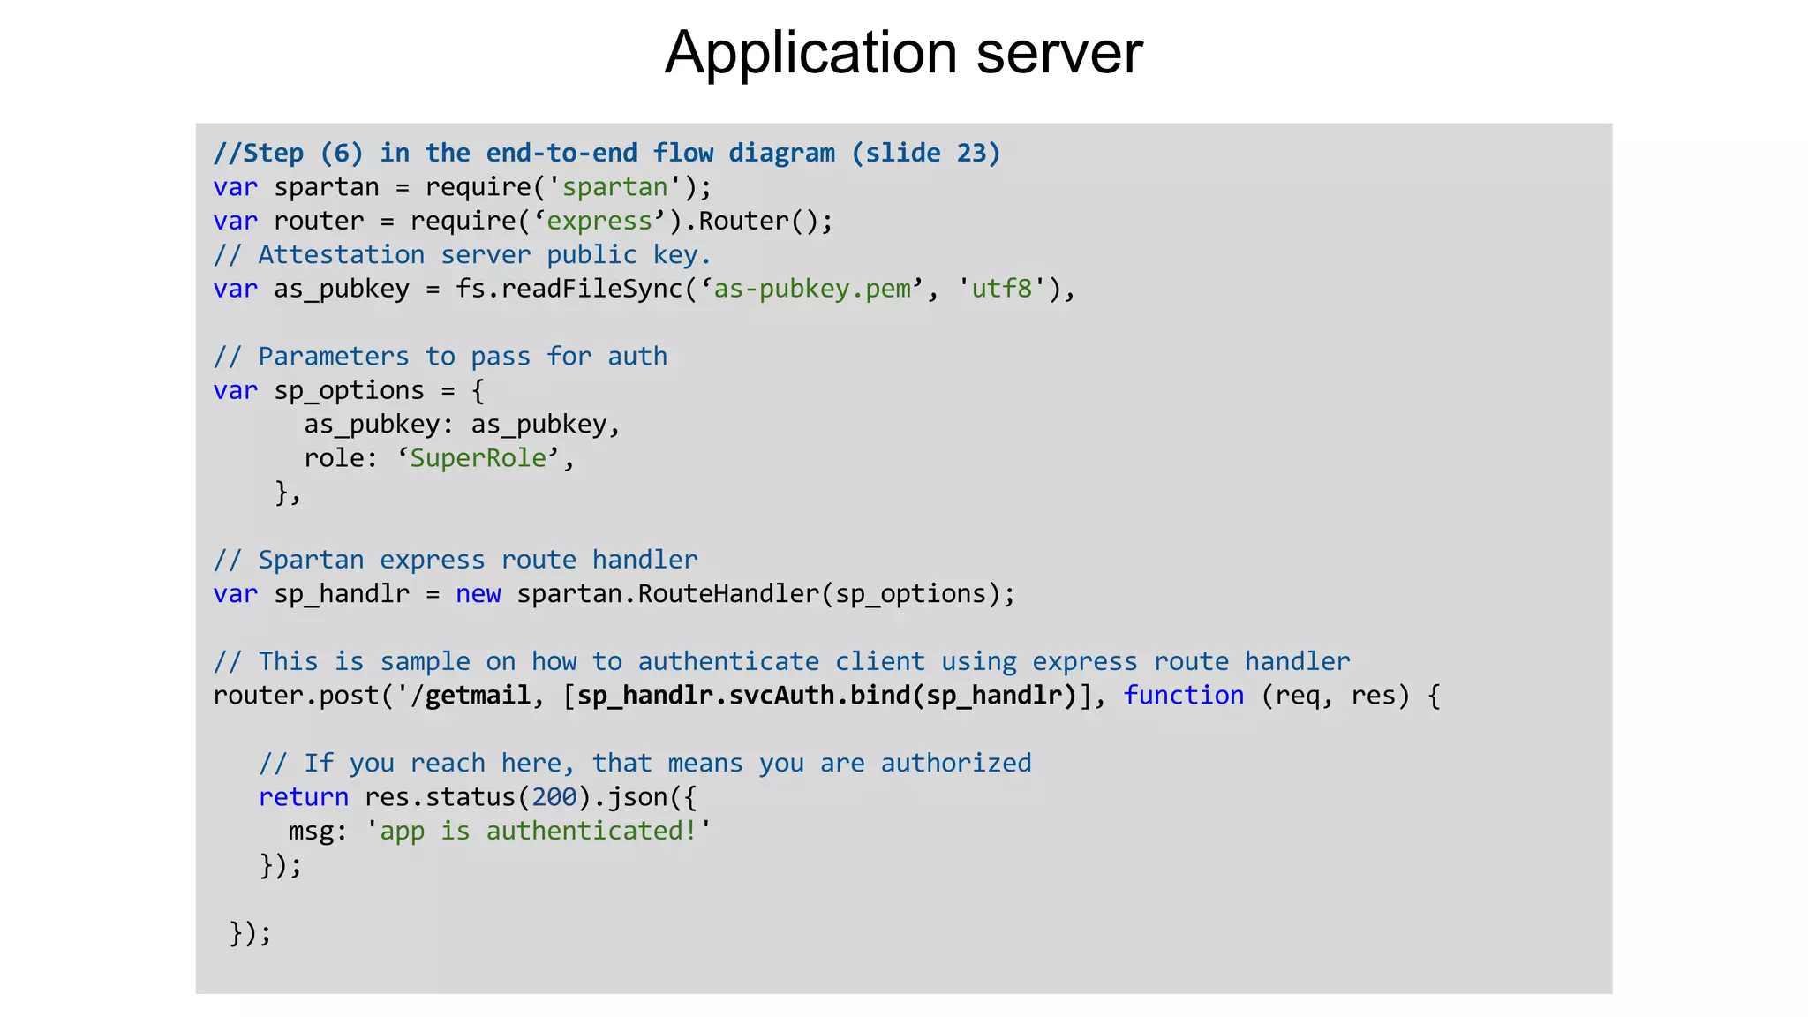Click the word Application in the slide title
pos(810,53)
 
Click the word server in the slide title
pos(1059,53)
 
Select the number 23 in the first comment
pos(971,153)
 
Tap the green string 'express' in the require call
pos(599,221)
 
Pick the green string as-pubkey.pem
pos(812,289)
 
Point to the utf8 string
pos(1001,289)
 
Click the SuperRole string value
pos(478,458)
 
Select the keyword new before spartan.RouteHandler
pos(478,593)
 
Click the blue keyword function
pos(1183,696)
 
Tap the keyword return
pos(304,797)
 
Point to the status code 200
pos(554,797)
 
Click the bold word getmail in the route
pos(478,696)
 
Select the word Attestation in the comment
pos(341,255)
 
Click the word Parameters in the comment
pos(333,357)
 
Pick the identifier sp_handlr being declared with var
pos(341,593)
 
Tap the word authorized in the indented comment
pos(955,763)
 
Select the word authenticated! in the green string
pos(591,831)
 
